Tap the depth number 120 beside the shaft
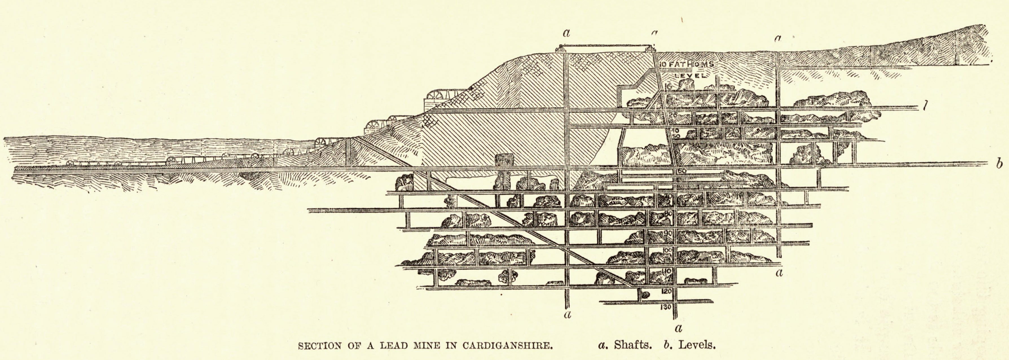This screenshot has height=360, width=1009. pyautogui.click(x=666, y=291)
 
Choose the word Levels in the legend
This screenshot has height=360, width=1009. pyautogui.click(x=697, y=346)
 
